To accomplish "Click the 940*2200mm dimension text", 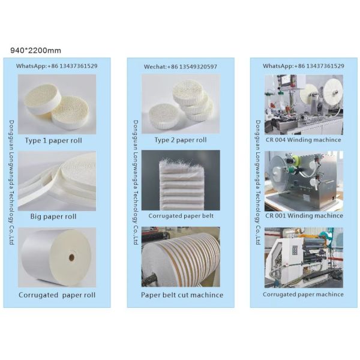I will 36,50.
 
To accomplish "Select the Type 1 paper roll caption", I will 53,140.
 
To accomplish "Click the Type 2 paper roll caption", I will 180,140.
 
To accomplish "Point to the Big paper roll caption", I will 53,216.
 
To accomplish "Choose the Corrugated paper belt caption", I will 181,215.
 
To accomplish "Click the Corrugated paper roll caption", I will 57,295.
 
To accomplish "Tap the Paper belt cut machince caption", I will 182,295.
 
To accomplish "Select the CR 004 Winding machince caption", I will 304,140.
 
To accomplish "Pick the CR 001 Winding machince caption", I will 304,215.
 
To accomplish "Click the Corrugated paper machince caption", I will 304,294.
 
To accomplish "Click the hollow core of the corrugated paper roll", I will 71,257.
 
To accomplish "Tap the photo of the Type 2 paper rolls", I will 181,104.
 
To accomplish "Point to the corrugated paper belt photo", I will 181,180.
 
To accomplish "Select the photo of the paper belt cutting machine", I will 181,257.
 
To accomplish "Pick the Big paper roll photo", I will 57,180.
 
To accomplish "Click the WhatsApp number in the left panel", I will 56,66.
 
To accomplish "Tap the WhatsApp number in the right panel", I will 304,65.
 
